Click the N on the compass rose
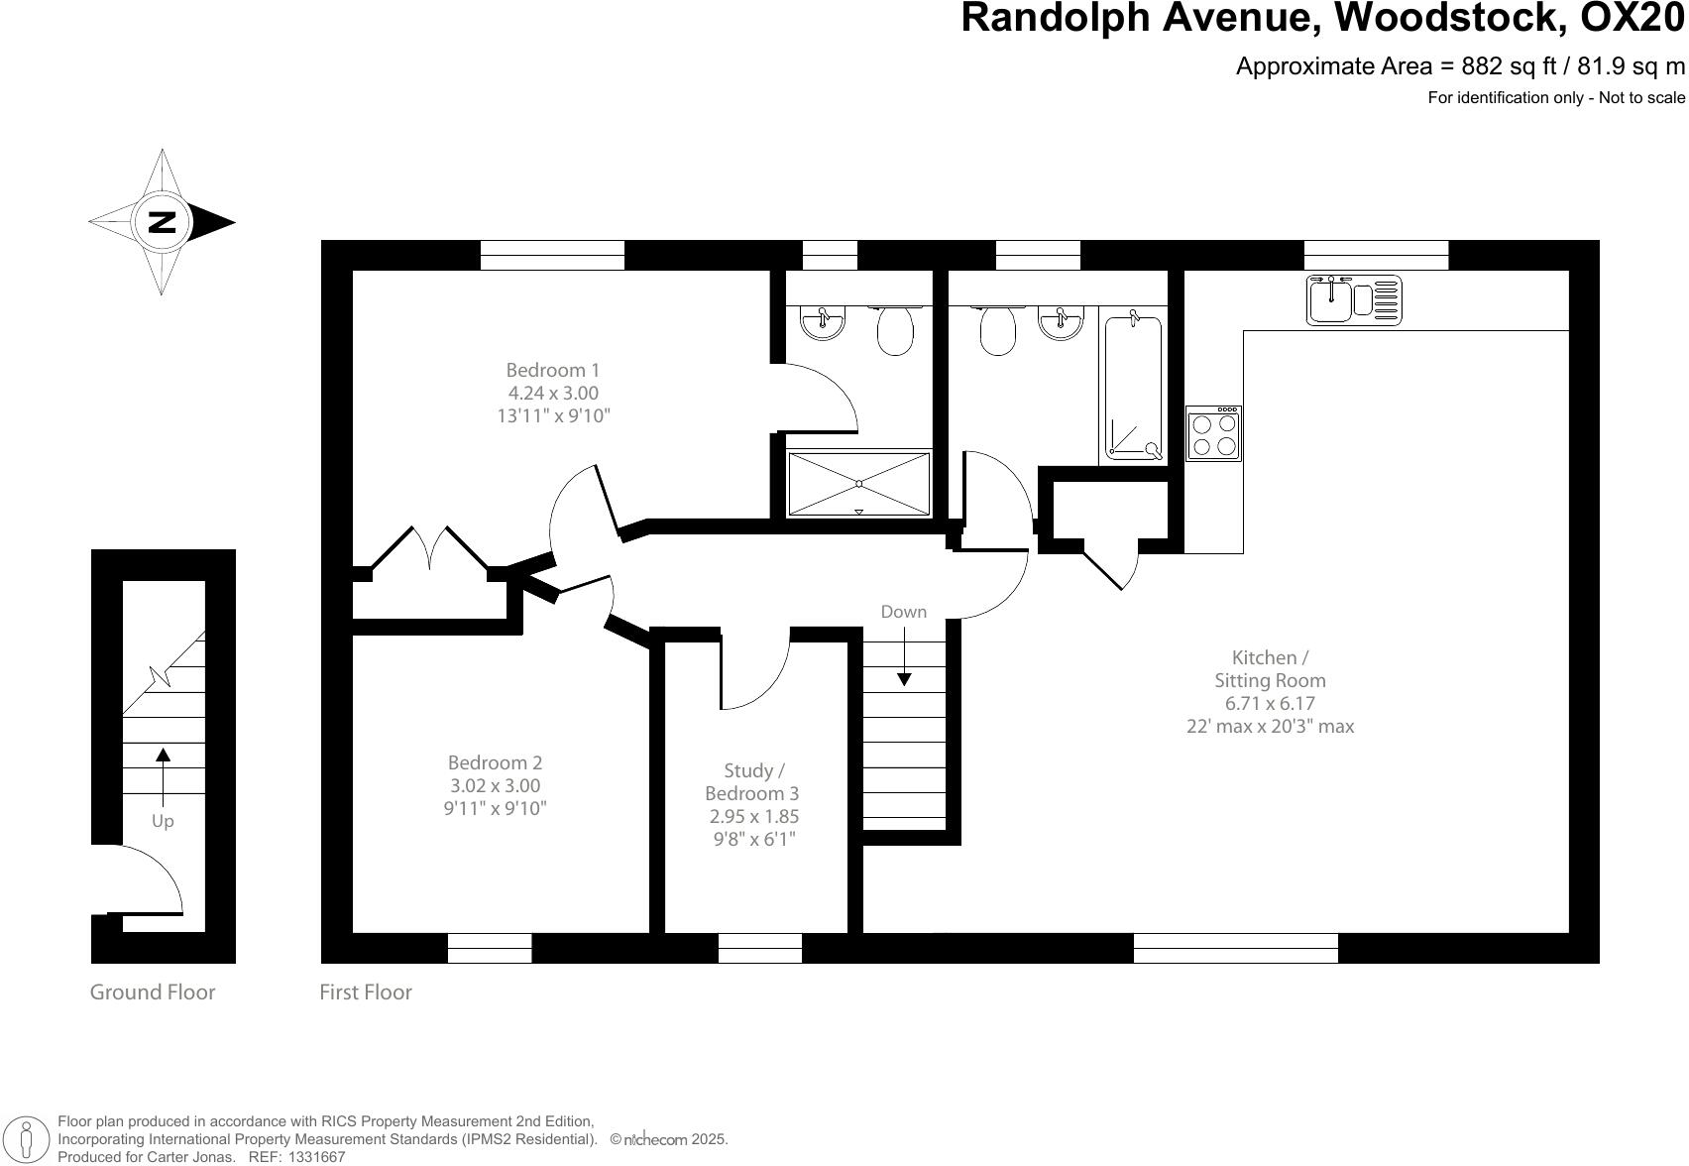(x=162, y=221)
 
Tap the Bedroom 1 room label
(x=552, y=393)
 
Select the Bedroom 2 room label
(x=495, y=785)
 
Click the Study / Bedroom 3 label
(x=753, y=804)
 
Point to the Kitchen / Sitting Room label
(x=1270, y=691)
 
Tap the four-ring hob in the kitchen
(x=1214, y=434)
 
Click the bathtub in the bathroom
(x=1133, y=387)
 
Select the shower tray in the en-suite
(x=859, y=484)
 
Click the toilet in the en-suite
(x=895, y=329)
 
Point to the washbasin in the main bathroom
(x=1061, y=321)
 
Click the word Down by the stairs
(x=903, y=612)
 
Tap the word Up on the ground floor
(x=163, y=821)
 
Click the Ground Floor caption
(x=153, y=992)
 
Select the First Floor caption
(x=366, y=992)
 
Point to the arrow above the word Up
(x=164, y=769)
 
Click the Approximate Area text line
(x=1459, y=66)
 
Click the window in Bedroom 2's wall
(x=490, y=948)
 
